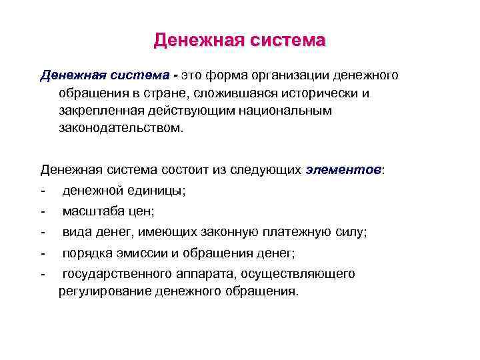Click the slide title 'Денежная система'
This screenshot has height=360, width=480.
(x=239, y=41)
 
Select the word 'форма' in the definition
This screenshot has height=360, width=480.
(x=226, y=75)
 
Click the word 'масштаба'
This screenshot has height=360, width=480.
(x=89, y=211)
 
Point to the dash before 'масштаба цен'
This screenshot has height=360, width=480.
(x=43, y=211)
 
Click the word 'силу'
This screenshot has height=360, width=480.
(x=349, y=232)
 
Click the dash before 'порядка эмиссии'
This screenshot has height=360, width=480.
(x=43, y=253)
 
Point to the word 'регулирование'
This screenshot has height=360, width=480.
(x=104, y=291)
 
